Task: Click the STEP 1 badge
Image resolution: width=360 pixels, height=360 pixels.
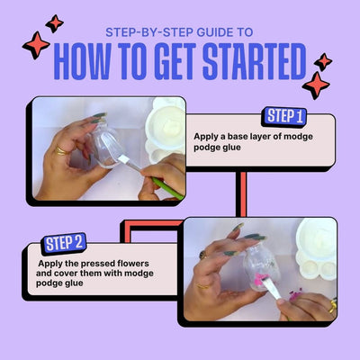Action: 284,116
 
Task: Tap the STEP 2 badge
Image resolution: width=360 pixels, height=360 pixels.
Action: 64,243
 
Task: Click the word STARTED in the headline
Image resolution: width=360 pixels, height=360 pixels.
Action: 255,61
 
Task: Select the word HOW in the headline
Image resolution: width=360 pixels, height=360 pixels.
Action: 82,61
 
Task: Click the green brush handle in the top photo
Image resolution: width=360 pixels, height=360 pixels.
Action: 166,188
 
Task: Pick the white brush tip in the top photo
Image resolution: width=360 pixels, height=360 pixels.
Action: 123,158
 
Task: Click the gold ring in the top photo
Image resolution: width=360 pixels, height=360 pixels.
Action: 61,151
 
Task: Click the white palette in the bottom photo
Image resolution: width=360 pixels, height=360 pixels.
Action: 318,248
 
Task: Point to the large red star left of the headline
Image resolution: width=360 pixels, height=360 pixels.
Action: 36,45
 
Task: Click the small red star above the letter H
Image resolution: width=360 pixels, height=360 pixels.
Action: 55,23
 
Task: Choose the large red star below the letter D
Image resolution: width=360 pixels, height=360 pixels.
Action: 316,85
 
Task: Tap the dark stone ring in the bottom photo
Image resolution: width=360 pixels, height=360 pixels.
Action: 202,255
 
